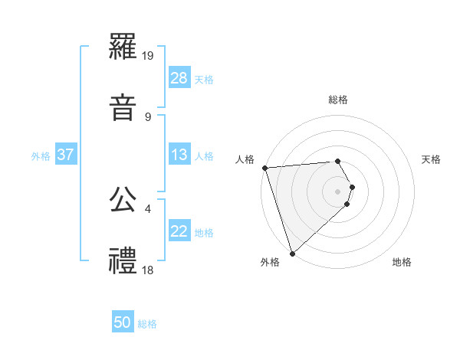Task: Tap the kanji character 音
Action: [x=123, y=107]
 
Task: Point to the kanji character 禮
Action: [x=123, y=260]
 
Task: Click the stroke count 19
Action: [x=149, y=56]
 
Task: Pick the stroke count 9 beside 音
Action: [x=148, y=117]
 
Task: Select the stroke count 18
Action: [x=149, y=270]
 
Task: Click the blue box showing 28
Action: [x=179, y=79]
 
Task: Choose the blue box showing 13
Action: [x=179, y=155]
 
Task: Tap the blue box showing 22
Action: [x=179, y=232]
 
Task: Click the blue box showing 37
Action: [x=66, y=155]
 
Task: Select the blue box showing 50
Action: [x=123, y=323]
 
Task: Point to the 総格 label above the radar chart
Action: [x=338, y=100]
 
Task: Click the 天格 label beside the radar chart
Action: [x=432, y=159]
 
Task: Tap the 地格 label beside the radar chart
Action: [x=402, y=262]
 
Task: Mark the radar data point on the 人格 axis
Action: [x=264, y=168]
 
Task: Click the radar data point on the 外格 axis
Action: [x=292, y=253]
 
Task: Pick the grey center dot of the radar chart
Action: [x=338, y=191]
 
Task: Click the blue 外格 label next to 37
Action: [x=41, y=155]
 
